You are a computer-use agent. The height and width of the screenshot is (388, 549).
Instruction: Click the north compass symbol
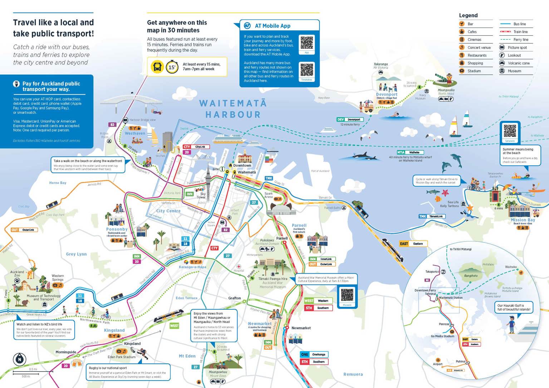(x=20, y=359)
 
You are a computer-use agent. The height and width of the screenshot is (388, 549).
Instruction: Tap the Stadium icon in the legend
(x=462, y=71)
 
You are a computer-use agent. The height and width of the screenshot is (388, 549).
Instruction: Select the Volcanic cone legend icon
(x=502, y=63)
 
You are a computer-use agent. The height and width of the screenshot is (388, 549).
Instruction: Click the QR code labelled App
(x=307, y=43)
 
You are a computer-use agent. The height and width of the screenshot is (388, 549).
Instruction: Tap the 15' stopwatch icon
(x=172, y=67)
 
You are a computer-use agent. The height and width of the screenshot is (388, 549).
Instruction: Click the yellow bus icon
(x=157, y=67)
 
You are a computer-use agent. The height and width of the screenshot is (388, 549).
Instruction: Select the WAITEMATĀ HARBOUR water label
(x=233, y=109)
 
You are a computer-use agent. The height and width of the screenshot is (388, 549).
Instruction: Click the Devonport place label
(x=387, y=94)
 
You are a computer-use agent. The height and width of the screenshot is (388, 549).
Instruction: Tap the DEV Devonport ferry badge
(x=350, y=119)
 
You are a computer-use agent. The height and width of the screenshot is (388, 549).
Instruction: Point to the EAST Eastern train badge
(x=413, y=244)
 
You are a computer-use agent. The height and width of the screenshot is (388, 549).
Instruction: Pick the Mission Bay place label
(x=523, y=220)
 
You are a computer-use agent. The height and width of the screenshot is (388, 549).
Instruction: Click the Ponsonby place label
(x=117, y=229)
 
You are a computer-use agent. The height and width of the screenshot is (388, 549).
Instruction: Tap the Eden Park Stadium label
(x=122, y=357)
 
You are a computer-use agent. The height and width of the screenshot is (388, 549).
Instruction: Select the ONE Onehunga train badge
(x=314, y=354)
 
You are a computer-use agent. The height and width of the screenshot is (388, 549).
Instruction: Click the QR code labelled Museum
(x=347, y=295)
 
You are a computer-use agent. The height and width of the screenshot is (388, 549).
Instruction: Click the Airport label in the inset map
(x=437, y=364)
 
